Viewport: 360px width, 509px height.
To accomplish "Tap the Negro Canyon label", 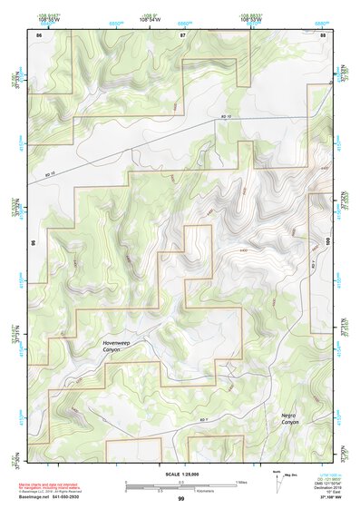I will [x=288, y=417].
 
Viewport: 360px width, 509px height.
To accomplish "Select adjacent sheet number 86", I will [x=38, y=34].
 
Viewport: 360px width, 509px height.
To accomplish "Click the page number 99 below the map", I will [x=180, y=499].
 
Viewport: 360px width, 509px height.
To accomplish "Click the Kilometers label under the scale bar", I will [x=181, y=490].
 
